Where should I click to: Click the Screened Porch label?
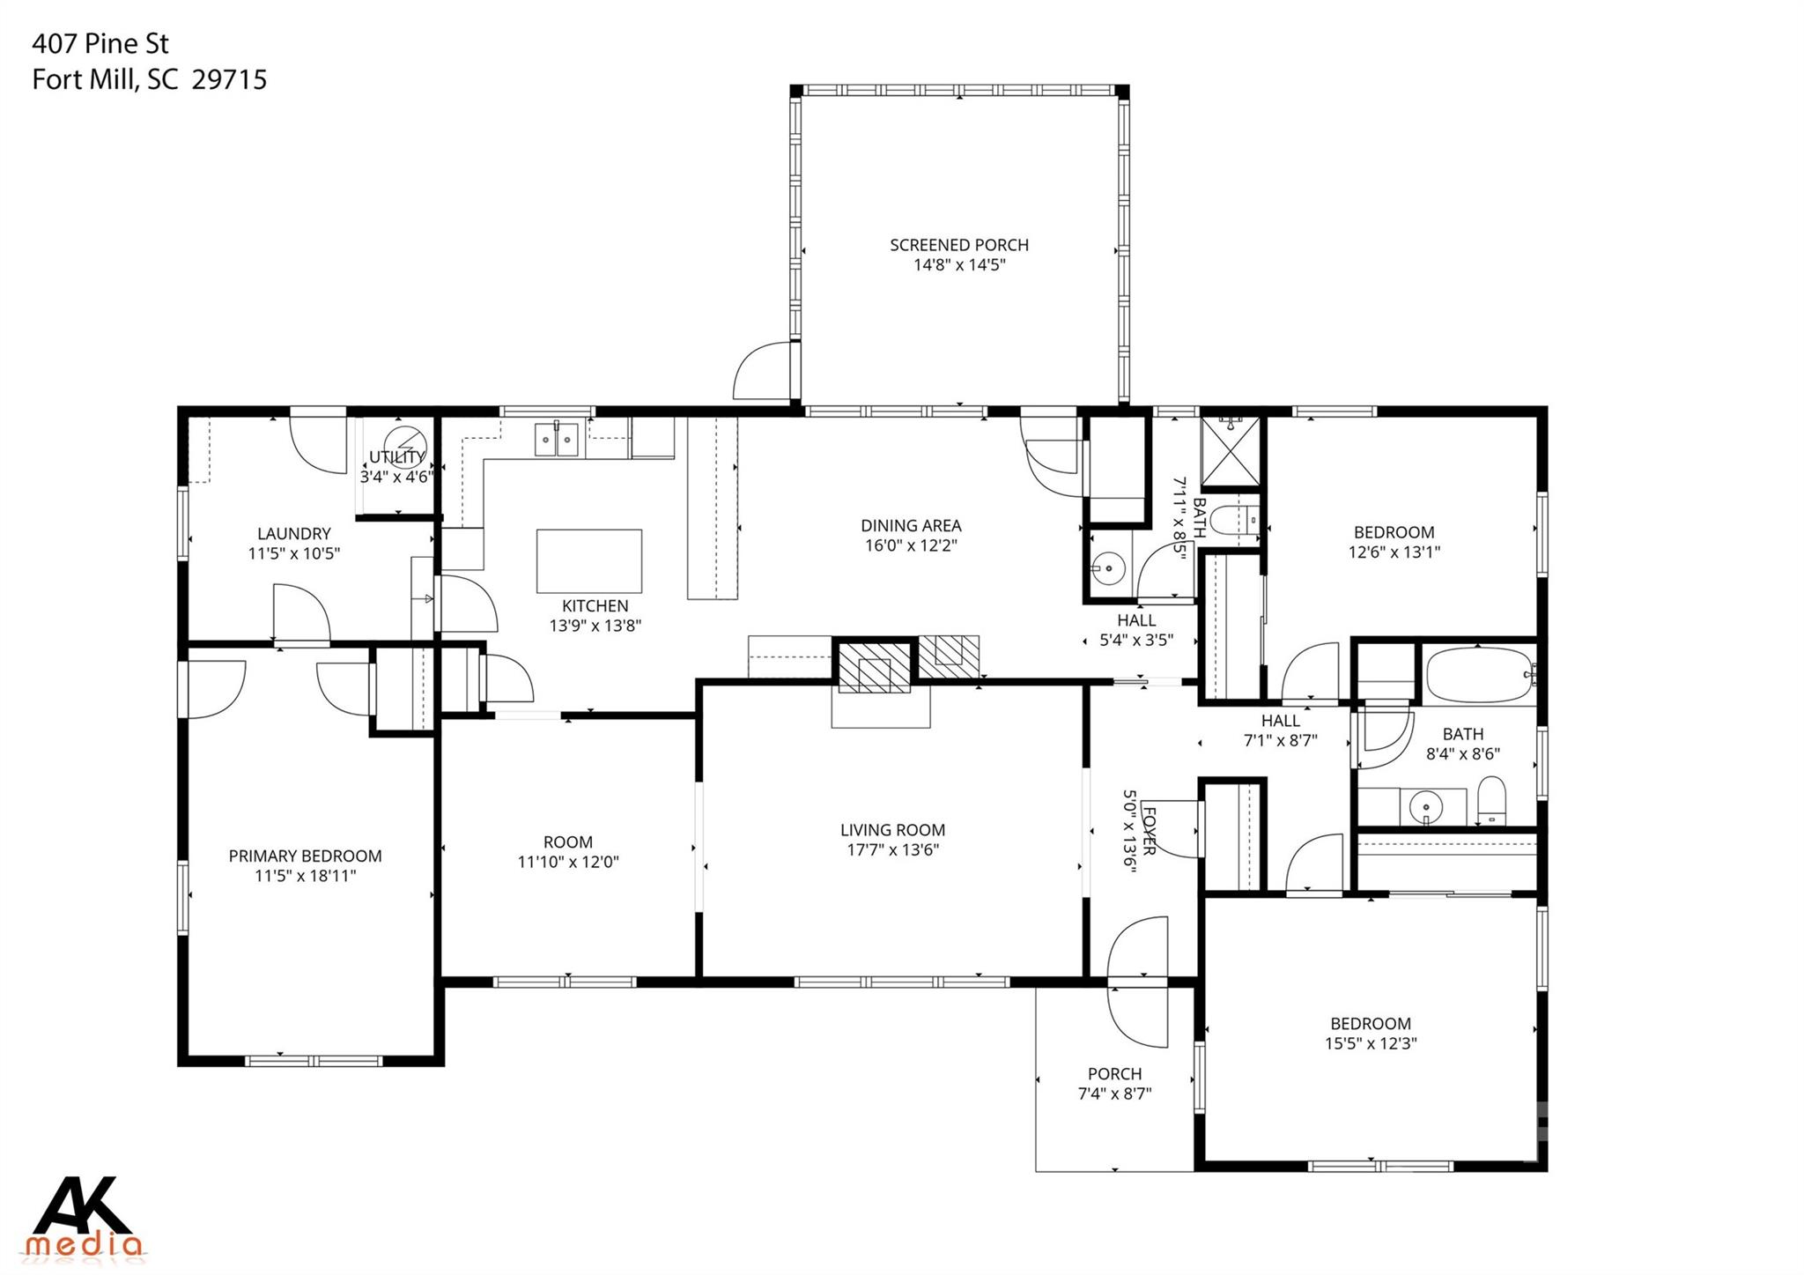point(958,245)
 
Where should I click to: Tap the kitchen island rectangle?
point(588,560)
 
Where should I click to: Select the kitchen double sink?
point(556,439)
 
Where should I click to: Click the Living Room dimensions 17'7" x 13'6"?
point(891,850)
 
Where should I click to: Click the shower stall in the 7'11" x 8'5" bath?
point(1231,451)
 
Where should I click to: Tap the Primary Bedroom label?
point(305,856)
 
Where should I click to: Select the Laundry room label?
point(293,534)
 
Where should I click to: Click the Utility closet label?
point(396,457)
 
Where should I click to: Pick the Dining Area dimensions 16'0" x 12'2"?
point(910,545)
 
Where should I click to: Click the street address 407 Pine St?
point(100,43)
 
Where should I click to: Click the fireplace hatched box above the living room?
point(874,667)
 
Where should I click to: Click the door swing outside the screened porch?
point(761,370)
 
